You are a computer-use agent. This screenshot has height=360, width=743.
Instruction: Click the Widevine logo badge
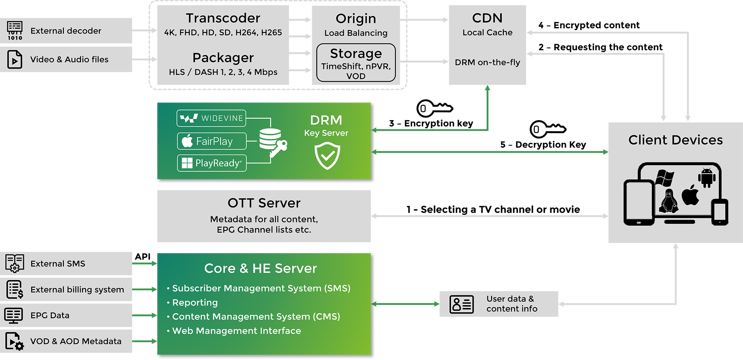click(211, 118)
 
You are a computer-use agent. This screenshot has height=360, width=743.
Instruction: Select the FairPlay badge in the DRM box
click(212, 141)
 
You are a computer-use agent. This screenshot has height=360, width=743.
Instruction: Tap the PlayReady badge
click(212, 163)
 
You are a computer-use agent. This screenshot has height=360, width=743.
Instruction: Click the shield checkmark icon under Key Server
click(327, 156)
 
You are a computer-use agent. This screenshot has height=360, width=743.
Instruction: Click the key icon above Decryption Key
click(547, 129)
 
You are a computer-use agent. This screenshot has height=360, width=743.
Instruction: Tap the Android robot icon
click(707, 178)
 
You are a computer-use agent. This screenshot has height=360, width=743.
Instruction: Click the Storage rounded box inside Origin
click(356, 63)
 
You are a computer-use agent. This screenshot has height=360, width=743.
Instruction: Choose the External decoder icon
click(15, 31)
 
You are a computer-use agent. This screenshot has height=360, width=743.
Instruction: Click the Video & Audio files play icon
click(15, 59)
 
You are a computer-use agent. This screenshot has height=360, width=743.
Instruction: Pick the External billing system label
click(77, 290)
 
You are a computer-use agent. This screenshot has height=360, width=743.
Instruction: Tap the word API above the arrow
click(143, 257)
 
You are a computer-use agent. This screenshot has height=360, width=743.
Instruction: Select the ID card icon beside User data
click(461, 304)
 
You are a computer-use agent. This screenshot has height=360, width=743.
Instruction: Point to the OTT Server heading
click(264, 203)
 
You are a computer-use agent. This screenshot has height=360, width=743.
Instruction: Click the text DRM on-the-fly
click(487, 63)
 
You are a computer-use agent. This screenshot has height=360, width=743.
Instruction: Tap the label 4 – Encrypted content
click(589, 25)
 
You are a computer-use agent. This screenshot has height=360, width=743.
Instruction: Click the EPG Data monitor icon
click(14, 315)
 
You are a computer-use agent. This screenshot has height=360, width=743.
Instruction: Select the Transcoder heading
click(223, 18)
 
